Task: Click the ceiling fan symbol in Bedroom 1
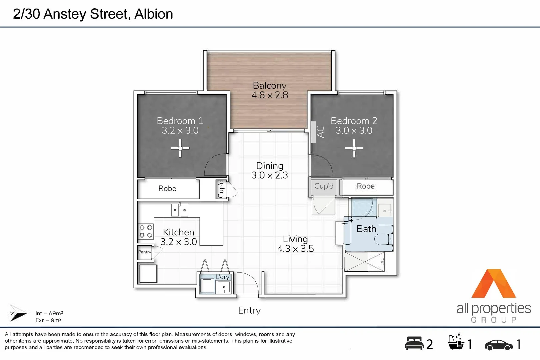pyautogui.click(x=180, y=148)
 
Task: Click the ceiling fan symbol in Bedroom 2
pyautogui.click(x=354, y=148)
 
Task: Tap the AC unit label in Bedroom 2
pyautogui.click(x=320, y=132)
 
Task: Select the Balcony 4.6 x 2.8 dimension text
pyautogui.click(x=270, y=95)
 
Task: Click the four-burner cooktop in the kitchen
pyautogui.click(x=146, y=231)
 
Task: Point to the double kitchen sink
pyautogui.click(x=180, y=210)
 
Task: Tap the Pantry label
pyautogui.click(x=145, y=252)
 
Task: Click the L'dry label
pyautogui.click(x=222, y=277)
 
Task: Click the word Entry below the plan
pyautogui.click(x=249, y=310)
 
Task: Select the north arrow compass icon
pyautogui.click(x=18, y=313)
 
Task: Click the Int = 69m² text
pyautogui.click(x=49, y=313)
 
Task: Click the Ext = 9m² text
pyautogui.click(x=48, y=320)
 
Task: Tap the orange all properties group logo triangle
pyautogui.click(x=494, y=285)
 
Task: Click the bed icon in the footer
pyautogui.click(x=414, y=343)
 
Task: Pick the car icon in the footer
pyautogui.click(x=499, y=345)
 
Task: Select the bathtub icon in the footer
pyautogui.click(x=456, y=342)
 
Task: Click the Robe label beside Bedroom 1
pyautogui.click(x=167, y=189)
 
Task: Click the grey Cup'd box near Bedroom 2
pyautogui.click(x=324, y=186)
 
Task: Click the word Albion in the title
pyautogui.click(x=154, y=14)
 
